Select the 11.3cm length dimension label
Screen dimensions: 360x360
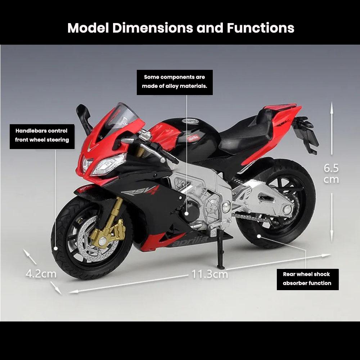[x=210, y=274]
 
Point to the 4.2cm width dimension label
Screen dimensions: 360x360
[x=41, y=274]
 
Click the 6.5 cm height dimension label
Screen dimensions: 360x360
[x=331, y=173]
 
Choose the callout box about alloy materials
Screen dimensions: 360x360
[x=175, y=82]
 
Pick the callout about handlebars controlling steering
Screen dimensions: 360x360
[x=42, y=135]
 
